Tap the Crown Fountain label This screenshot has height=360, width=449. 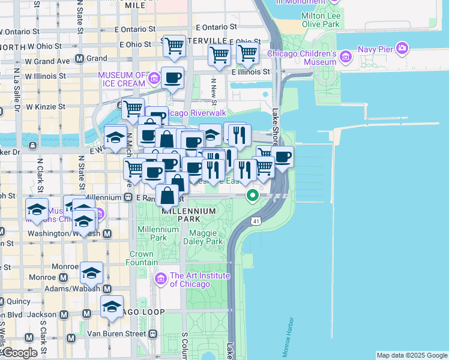(142, 258)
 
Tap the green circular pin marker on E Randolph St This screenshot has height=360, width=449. (253, 194)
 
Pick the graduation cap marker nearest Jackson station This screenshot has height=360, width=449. (112, 307)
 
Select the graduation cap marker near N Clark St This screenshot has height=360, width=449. (37, 210)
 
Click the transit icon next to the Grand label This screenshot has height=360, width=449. (79, 59)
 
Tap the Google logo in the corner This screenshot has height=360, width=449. (19, 353)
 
